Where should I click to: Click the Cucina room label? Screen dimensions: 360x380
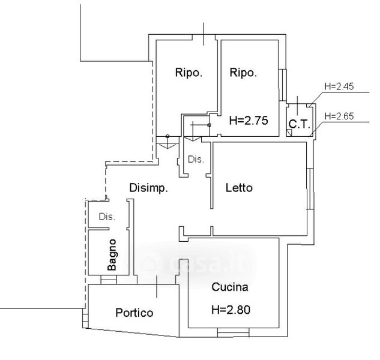(230, 287)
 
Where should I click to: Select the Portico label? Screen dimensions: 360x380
(134, 313)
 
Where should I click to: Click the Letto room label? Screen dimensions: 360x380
(239, 188)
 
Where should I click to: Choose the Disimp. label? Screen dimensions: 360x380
(148, 188)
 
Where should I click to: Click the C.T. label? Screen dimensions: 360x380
(299, 125)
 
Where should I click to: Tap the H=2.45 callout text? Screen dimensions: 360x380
(339, 86)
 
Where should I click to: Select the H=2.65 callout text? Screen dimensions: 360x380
(339, 116)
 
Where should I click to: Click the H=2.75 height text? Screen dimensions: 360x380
(248, 120)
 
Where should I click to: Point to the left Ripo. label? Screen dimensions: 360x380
(188, 73)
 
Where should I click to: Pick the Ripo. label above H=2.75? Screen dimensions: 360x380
(243, 73)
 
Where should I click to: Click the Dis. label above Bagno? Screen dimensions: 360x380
(107, 217)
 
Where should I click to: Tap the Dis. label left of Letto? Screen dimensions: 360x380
(196, 160)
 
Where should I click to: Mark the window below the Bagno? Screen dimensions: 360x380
(108, 280)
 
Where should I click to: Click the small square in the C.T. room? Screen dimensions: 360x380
(290, 134)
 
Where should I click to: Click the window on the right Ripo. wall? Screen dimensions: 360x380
(282, 83)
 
